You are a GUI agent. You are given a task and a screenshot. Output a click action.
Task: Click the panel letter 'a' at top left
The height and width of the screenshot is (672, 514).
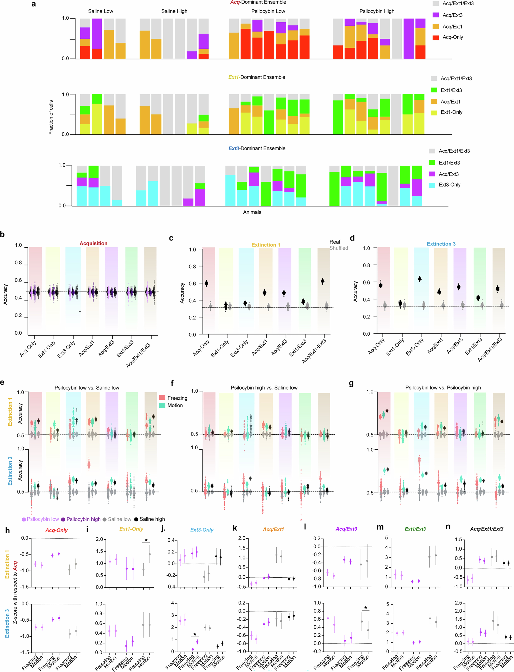tap(34, 4)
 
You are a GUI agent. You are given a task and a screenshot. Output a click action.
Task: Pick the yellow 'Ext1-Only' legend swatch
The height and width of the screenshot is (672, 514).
tap(434, 112)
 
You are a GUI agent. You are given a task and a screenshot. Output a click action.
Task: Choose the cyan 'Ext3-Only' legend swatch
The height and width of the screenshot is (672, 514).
tap(432, 185)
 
